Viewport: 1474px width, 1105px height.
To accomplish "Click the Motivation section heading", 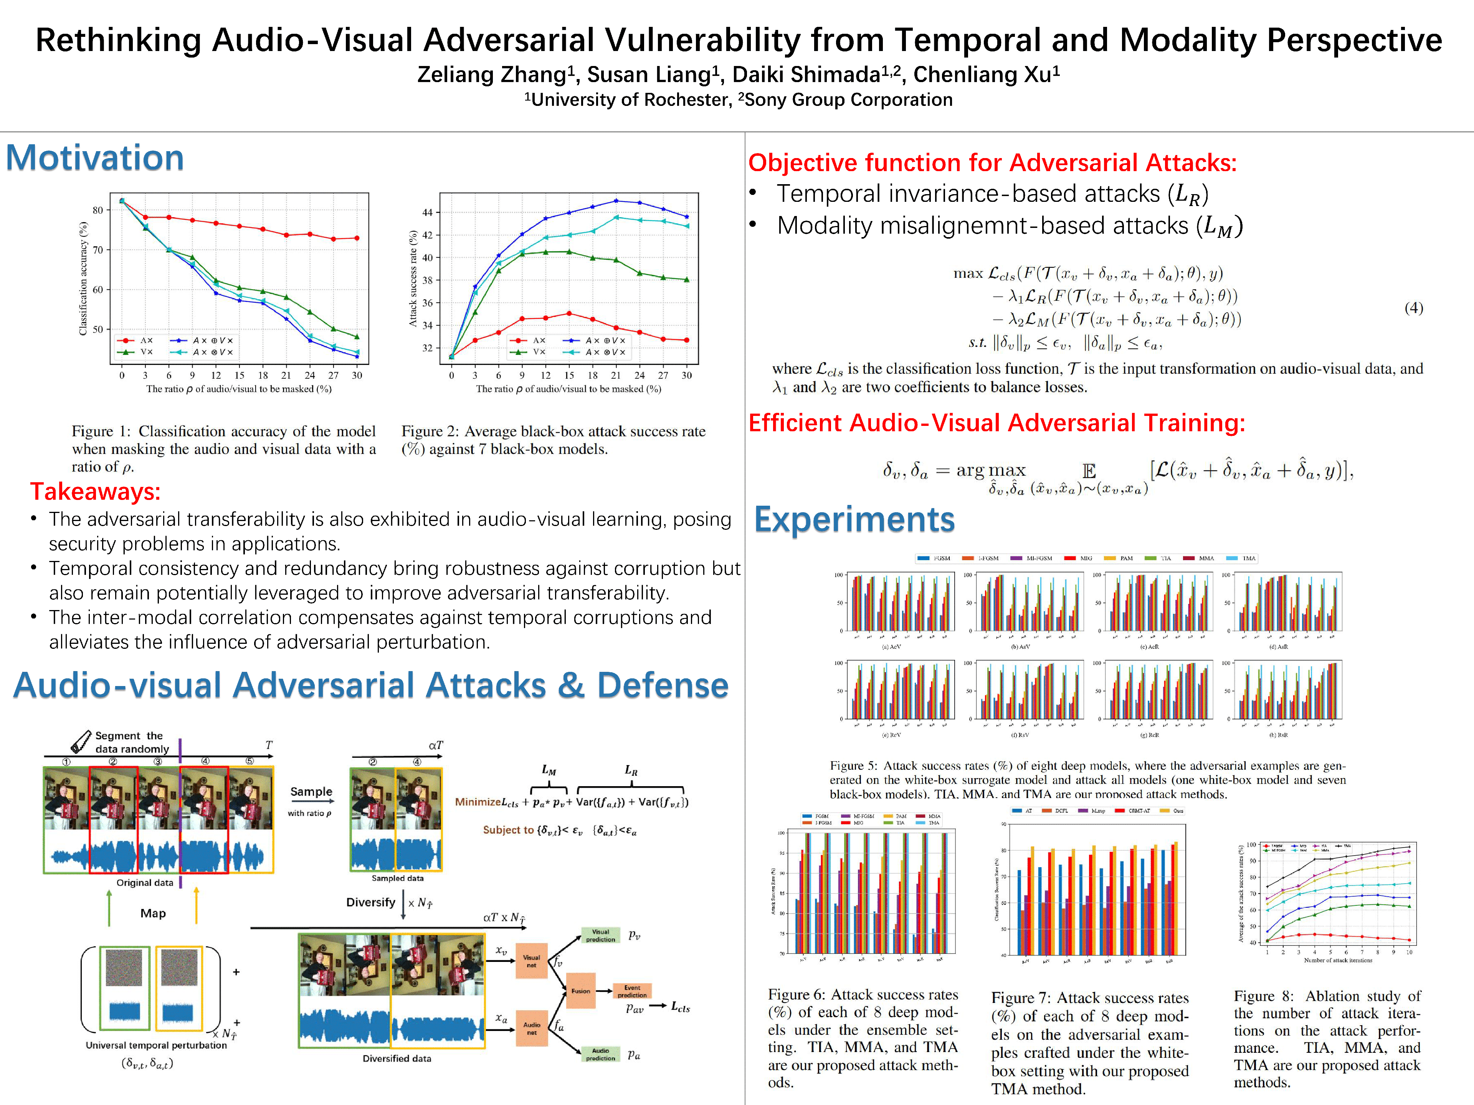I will (x=95, y=158).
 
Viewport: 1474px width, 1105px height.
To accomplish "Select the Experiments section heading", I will (x=854, y=520).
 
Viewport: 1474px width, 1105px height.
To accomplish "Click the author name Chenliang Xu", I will (x=986, y=74).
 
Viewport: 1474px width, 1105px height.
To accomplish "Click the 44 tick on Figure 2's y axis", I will (x=427, y=213).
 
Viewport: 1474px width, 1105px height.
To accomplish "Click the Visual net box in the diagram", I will (x=531, y=960).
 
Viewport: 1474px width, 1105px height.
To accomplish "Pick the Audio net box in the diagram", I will (x=531, y=1028).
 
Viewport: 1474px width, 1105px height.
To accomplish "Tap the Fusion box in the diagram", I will (x=580, y=991).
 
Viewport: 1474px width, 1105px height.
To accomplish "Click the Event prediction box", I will (x=632, y=991).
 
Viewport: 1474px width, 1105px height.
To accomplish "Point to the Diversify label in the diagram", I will (x=370, y=902).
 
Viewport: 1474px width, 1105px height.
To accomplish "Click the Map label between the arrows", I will (x=153, y=913).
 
